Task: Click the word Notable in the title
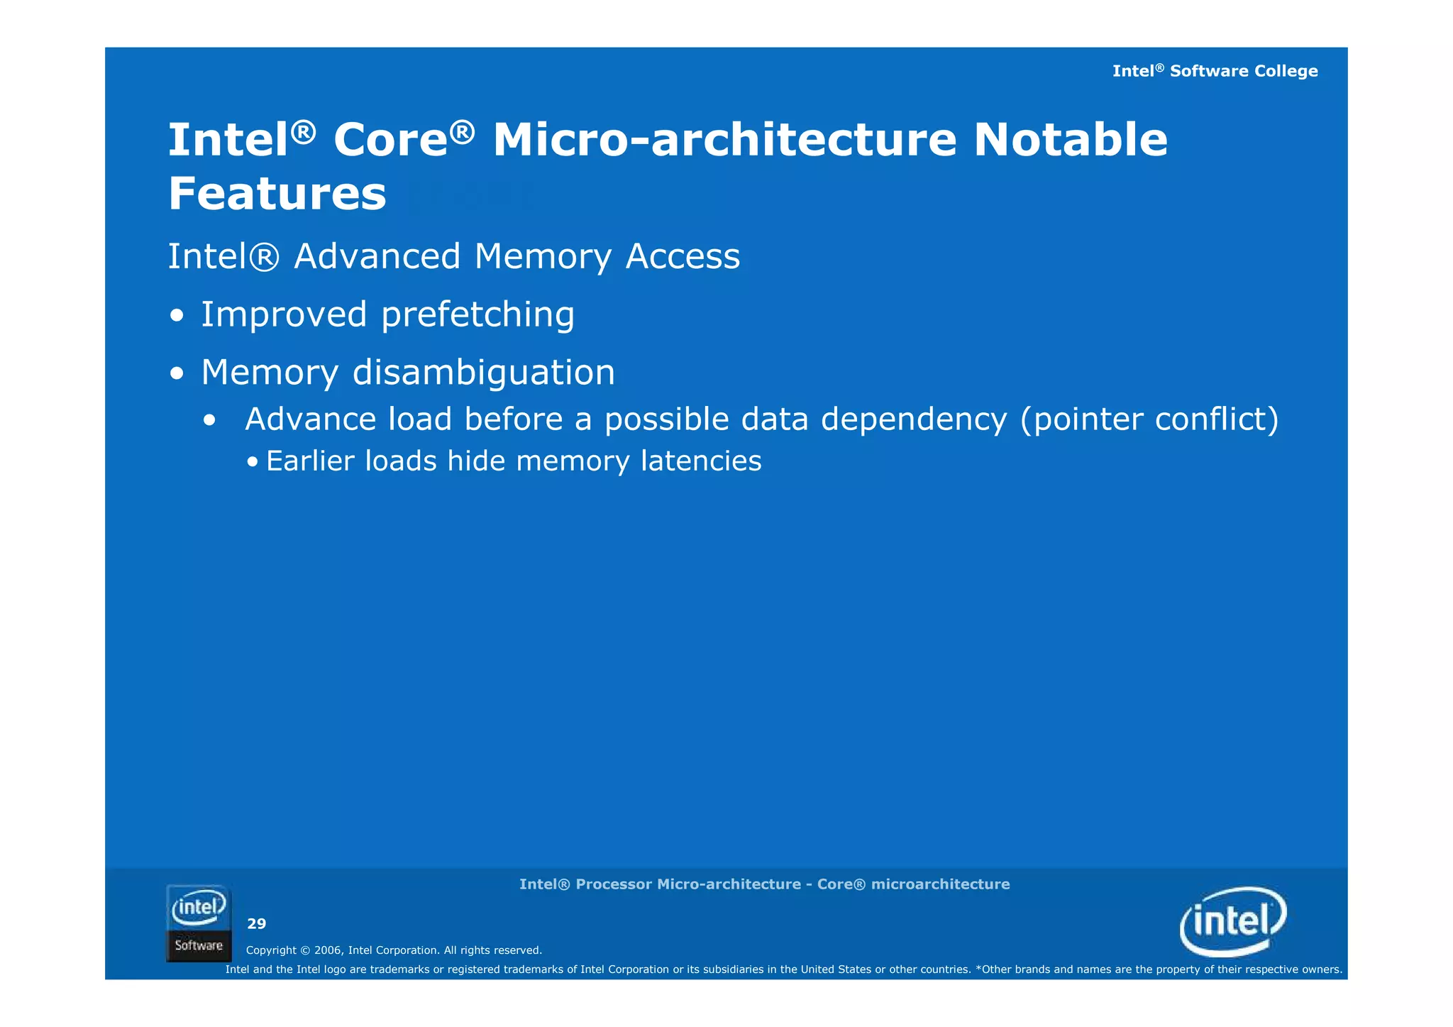(1070, 140)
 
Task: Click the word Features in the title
(277, 194)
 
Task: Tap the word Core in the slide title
(391, 140)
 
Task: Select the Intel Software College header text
(1215, 71)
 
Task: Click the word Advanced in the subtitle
(377, 256)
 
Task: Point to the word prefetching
(477, 315)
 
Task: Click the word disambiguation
(483, 373)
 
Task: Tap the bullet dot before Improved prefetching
(177, 317)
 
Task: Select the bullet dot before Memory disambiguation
(177, 374)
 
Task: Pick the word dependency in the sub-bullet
(914, 419)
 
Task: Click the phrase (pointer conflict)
(1149, 419)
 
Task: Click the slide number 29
(256, 923)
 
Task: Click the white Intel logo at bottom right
(1233, 921)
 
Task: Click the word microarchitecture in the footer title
(940, 884)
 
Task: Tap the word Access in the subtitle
(683, 256)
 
